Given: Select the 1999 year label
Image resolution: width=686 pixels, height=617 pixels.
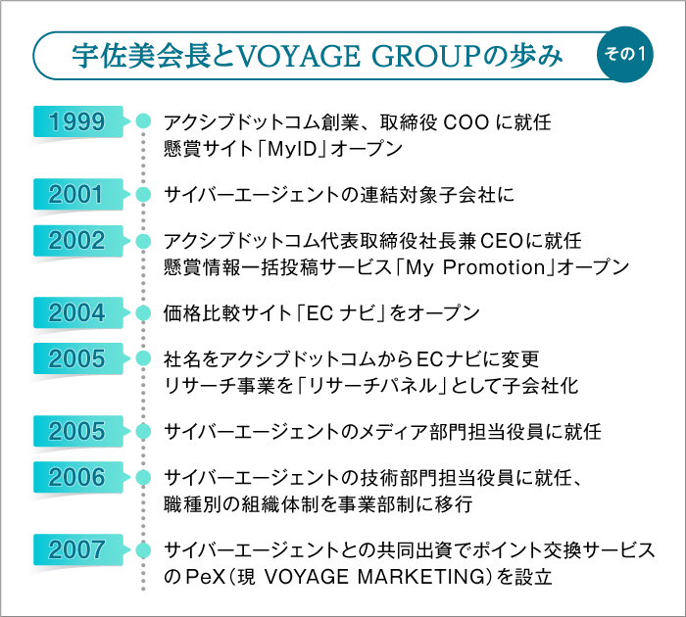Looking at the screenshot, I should tap(77, 122).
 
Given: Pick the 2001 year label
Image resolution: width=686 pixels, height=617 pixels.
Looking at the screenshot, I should tap(77, 194).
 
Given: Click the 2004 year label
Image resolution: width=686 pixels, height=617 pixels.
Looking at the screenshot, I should tap(77, 313).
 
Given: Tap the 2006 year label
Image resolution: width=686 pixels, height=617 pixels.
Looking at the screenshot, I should tap(77, 479).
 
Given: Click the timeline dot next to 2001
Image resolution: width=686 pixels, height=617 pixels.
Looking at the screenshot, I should tap(143, 194).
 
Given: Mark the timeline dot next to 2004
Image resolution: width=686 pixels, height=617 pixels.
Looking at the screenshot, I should tap(143, 313).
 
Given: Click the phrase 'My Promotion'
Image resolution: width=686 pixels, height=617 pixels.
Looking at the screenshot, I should tap(479, 266).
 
